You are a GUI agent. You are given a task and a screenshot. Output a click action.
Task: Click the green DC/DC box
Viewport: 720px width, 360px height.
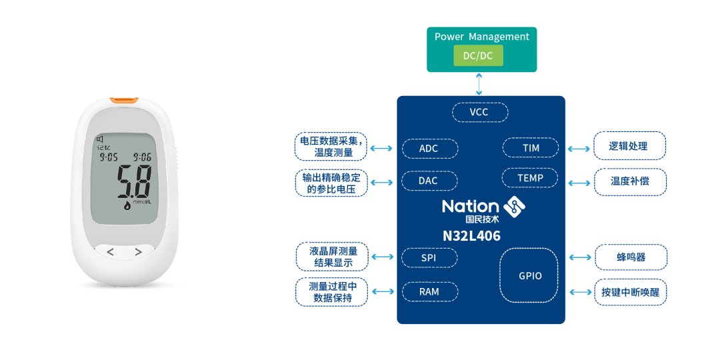click(479, 55)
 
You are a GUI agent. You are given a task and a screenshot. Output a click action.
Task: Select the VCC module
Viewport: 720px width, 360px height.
click(480, 112)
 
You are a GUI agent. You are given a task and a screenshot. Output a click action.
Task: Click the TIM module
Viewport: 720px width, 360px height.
click(531, 147)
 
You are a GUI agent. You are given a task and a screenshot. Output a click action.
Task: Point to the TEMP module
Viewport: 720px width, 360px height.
click(531, 178)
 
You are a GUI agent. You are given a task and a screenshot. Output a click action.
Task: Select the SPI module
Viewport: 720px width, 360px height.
click(429, 258)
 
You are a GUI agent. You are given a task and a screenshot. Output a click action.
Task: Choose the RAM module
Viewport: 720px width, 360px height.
click(430, 291)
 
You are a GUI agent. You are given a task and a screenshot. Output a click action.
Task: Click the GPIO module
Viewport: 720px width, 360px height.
click(529, 275)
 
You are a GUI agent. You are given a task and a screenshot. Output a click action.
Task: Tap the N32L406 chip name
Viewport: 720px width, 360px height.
click(471, 236)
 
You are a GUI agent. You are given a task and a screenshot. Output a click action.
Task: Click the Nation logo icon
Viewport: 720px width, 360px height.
click(514, 207)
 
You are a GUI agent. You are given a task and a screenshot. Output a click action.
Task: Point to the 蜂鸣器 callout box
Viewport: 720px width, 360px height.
click(631, 257)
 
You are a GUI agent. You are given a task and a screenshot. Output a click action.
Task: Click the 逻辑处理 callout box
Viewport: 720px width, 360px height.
click(630, 146)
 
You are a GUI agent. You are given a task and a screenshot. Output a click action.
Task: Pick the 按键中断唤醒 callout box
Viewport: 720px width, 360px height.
click(631, 291)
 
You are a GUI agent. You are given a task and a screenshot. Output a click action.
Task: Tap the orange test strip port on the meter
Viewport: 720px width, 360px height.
click(125, 100)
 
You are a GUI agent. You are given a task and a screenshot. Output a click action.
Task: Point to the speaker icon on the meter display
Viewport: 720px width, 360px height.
click(99, 139)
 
